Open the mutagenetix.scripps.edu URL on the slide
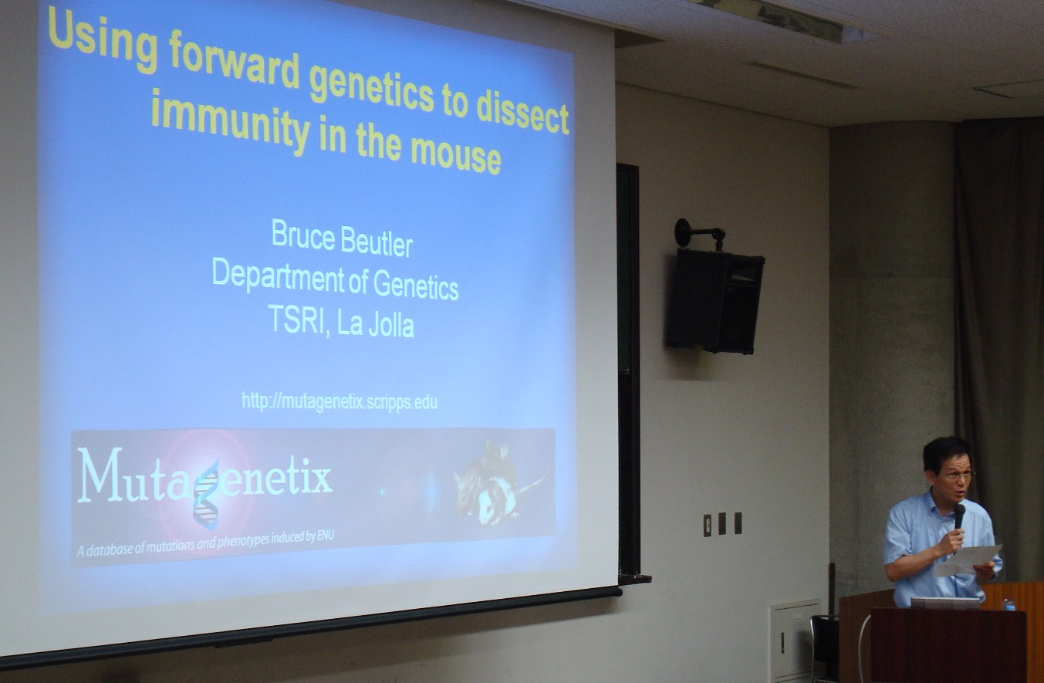coord(340,401)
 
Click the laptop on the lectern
coord(945,604)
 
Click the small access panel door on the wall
coord(794,641)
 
